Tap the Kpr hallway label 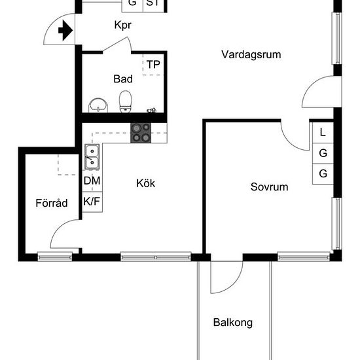124,27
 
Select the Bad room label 123,79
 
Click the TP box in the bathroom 153,64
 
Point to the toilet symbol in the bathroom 126,101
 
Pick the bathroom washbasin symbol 98,105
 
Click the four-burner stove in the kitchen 140,133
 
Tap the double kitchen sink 92,158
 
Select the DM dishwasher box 92,181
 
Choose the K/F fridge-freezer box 92,201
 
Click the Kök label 146,183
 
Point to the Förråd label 52,203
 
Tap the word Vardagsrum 251,54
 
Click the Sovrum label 269,187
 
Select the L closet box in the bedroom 323,132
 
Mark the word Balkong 232,323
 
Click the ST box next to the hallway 153,3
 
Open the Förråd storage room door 65,234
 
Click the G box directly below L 323,153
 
